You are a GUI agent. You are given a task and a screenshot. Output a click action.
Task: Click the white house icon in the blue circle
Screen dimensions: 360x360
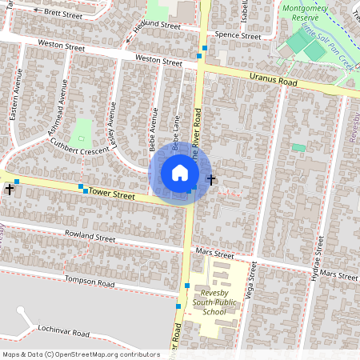[180, 173]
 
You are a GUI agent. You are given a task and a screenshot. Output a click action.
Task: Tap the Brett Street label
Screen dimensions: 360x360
[63, 13]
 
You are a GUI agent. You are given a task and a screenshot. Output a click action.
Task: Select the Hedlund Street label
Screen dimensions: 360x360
[157, 26]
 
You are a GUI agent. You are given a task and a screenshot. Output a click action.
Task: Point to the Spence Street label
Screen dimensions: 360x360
[238, 36]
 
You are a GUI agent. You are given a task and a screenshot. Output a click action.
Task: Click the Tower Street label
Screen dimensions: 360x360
[112, 194]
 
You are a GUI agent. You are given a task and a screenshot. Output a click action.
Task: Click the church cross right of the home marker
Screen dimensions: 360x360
[211, 178]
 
